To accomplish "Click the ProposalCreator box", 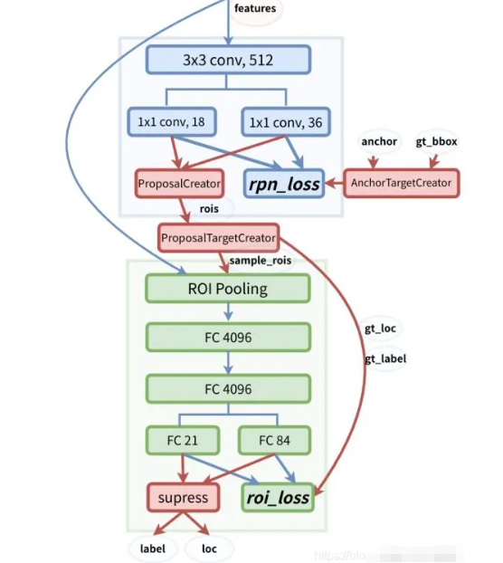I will pos(179,184).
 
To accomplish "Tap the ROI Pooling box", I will pos(228,289).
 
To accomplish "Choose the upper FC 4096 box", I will pos(228,339).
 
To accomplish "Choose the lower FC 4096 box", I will pos(228,389).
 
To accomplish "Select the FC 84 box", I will pos(275,441).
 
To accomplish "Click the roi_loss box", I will pos(277,497).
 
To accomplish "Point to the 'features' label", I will pos(256,9).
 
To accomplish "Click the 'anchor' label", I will pos(379,141).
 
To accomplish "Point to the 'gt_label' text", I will pos(385,358).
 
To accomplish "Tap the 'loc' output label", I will pos(209,548).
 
